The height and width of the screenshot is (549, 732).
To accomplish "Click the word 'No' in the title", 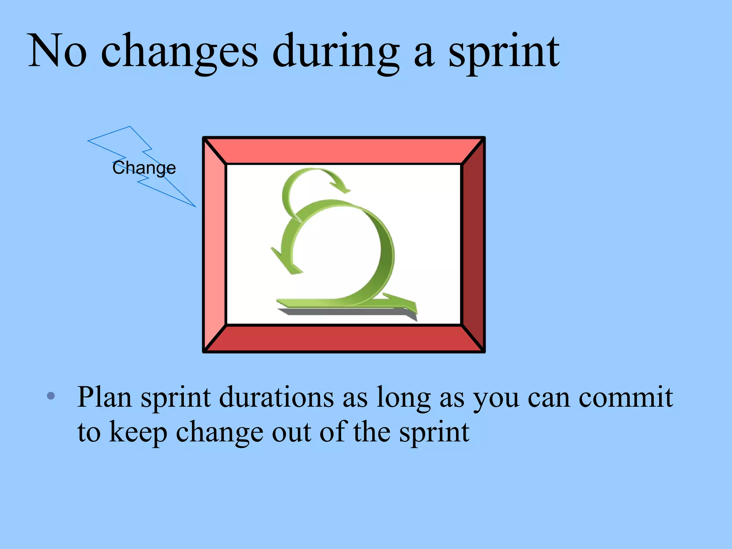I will point(57,51).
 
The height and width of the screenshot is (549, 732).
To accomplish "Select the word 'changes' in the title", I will point(179,52).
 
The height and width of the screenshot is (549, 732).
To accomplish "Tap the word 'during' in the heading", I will point(336,52).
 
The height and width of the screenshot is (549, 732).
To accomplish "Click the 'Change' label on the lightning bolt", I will point(144,168).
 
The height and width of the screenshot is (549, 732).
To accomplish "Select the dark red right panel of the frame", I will point(473,244).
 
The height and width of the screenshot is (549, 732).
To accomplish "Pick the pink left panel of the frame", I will point(214,244).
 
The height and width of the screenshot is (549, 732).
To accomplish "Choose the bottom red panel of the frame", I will point(343,339).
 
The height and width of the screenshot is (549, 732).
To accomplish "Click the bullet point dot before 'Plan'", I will point(51,396).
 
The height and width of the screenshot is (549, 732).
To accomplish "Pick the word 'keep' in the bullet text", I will point(138,432).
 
